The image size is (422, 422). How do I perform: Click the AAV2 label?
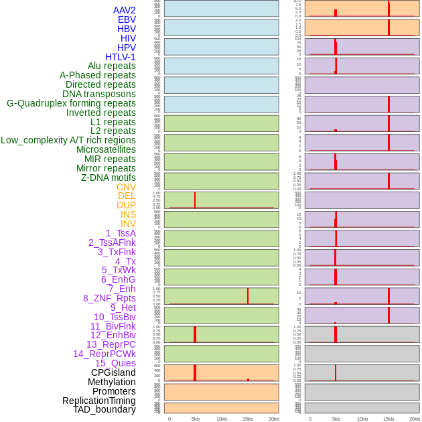(x=125, y=10)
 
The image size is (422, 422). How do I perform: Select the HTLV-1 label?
(x=121, y=57)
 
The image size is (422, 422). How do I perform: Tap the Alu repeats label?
(x=112, y=66)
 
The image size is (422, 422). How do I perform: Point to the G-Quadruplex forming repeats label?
(x=71, y=103)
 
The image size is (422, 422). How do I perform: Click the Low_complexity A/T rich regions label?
(x=68, y=140)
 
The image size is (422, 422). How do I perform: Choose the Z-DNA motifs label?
(x=109, y=178)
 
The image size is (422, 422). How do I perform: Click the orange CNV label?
(x=126, y=187)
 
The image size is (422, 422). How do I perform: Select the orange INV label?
(x=128, y=224)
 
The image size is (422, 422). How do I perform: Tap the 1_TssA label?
(x=121, y=233)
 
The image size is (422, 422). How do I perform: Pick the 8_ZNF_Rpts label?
(x=109, y=298)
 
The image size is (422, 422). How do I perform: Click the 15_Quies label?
(x=115, y=363)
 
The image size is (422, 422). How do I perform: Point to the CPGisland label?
(x=113, y=372)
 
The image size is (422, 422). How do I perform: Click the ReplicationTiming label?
(x=99, y=401)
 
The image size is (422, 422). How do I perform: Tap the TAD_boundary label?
(x=104, y=409)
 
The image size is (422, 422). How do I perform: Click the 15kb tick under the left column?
(x=248, y=419)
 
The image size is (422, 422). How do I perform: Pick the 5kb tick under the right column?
(x=336, y=419)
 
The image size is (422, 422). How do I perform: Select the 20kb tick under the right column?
(x=415, y=419)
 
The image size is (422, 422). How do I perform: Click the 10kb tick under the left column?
(x=222, y=419)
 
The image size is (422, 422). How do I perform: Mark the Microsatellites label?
(x=106, y=149)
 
